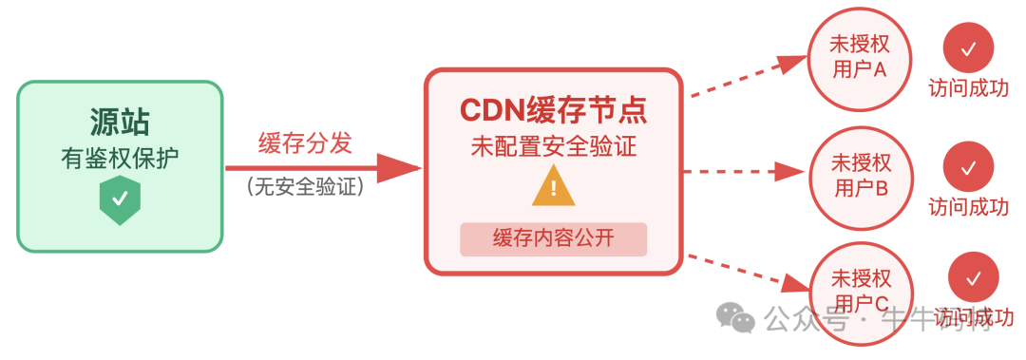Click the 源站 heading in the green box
point(120,123)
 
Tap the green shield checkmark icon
point(120,200)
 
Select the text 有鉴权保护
point(120,159)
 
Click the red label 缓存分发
point(305,143)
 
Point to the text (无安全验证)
point(305,187)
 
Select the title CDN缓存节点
point(553,110)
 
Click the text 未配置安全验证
point(553,147)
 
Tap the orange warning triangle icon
point(553,186)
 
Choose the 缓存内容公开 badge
point(553,238)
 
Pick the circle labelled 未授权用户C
point(861,290)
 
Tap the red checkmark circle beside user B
point(968,167)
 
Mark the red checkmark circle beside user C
point(973,277)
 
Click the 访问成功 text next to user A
point(968,88)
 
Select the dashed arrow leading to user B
point(741,172)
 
